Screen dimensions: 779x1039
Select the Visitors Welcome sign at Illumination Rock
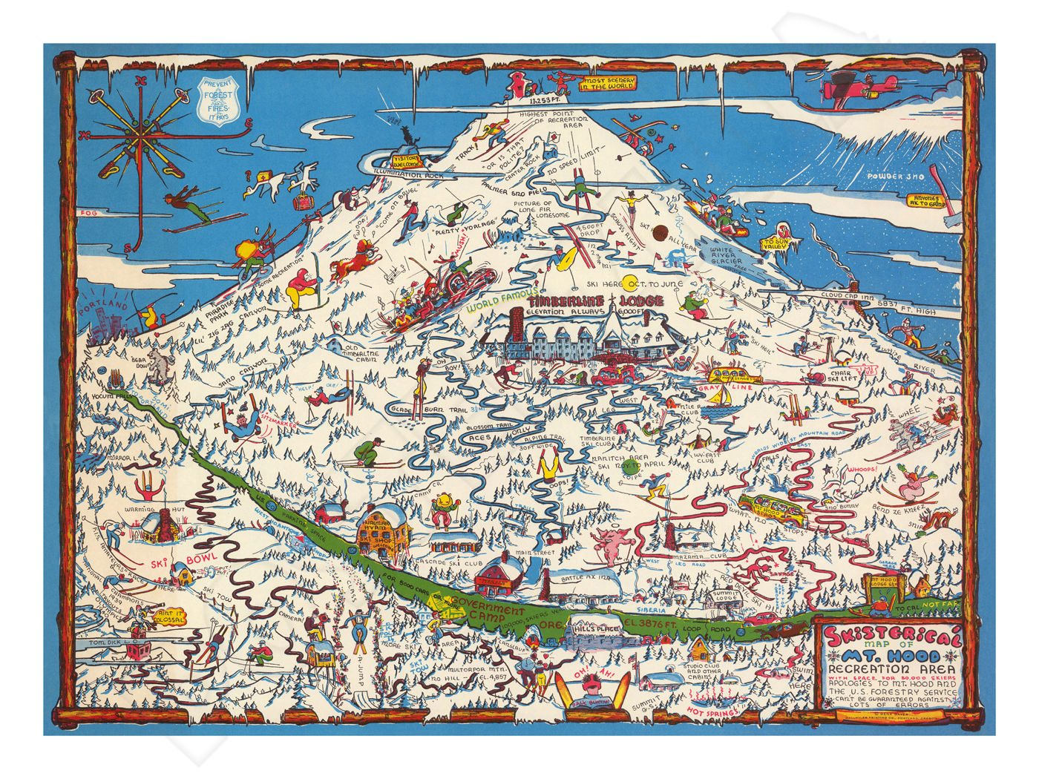(407, 160)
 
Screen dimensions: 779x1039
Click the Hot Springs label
(712, 712)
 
